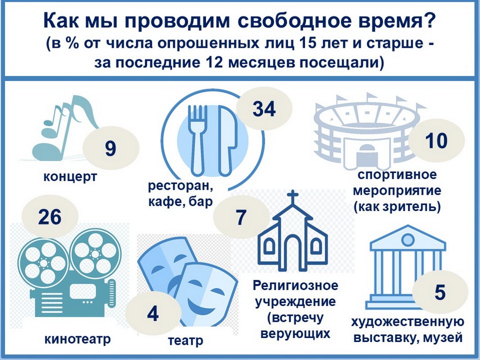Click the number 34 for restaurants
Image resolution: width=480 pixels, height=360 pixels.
point(264,108)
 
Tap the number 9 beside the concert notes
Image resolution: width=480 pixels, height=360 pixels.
point(111,148)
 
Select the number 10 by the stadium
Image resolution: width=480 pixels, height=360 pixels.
point(436,140)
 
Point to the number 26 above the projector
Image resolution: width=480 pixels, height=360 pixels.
point(49,217)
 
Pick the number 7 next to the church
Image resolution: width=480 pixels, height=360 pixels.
point(241,217)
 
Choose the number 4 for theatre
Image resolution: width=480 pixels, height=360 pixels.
point(153,314)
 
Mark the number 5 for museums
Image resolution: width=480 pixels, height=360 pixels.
point(440,292)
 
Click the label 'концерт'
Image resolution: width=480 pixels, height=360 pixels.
point(70,177)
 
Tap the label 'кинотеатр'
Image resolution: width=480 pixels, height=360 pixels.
point(77,339)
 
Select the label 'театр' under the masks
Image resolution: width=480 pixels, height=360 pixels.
point(185,340)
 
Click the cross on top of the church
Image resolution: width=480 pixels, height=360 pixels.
point(293,196)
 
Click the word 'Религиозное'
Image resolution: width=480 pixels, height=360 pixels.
point(296,285)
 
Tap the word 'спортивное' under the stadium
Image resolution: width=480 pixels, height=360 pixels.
point(397,175)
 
